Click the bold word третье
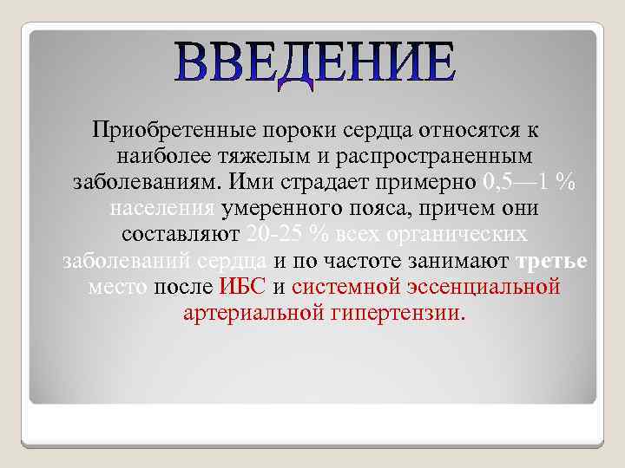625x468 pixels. (552, 262)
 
